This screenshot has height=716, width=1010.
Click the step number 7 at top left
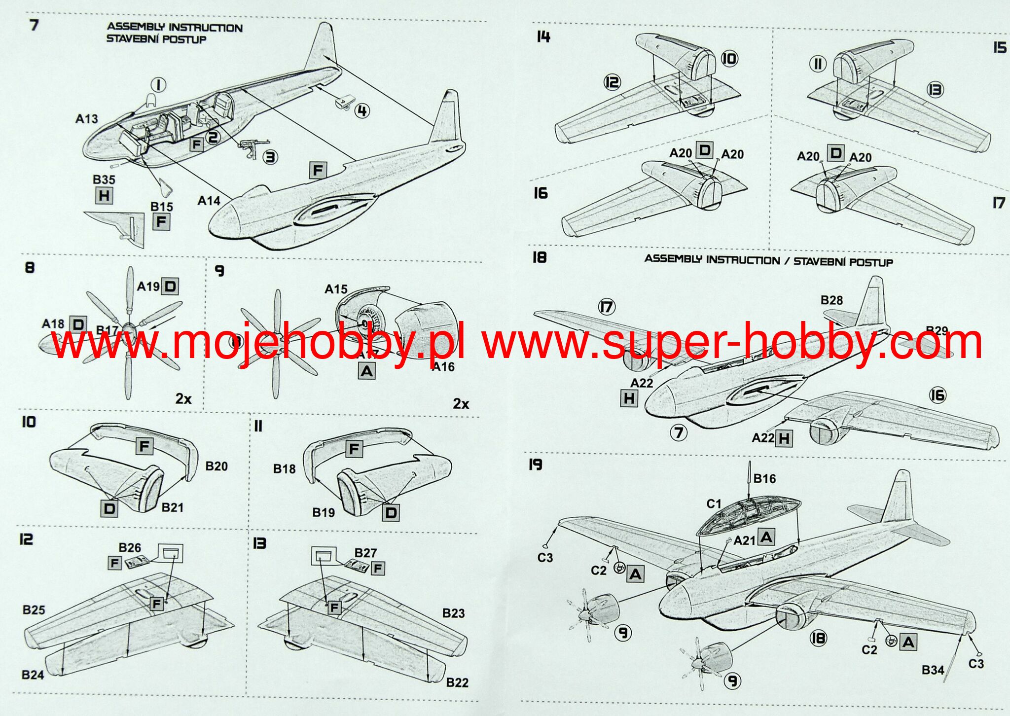point(34,25)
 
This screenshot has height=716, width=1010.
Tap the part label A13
point(86,119)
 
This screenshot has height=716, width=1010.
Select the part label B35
point(104,179)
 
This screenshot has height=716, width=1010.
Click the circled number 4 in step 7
point(362,111)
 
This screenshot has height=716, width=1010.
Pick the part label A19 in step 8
point(148,286)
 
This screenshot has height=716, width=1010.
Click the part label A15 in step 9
point(336,289)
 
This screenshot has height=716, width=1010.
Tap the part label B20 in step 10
point(216,466)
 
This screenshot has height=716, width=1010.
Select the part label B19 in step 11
point(324,513)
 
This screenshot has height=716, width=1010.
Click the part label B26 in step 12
point(130,548)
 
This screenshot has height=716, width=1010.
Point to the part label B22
point(457,682)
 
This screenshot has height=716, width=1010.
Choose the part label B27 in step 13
point(365,553)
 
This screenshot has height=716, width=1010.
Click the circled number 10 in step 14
point(729,59)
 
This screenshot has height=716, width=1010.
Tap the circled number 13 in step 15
point(935,90)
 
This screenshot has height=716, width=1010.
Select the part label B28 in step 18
point(831,300)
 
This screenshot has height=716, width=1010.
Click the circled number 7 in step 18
point(679,433)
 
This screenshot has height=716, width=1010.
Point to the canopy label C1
point(714,503)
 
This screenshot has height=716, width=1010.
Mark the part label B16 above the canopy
point(764,478)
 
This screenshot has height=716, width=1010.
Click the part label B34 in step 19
point(933,670)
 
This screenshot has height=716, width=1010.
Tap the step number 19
point(535,465)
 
